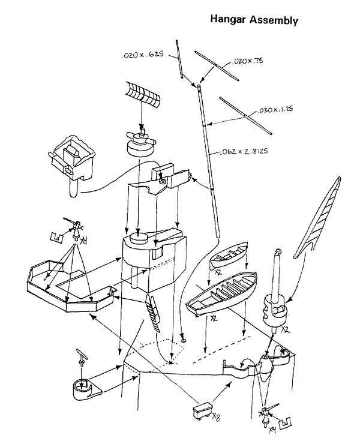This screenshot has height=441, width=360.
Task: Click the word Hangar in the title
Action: (228, 20)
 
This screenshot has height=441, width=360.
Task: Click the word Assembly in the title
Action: (274, 20)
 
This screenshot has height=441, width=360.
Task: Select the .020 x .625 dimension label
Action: (143, 55)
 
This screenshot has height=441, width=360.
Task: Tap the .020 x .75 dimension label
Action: (247, 61)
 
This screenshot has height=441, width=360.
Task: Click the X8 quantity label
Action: (216, 416)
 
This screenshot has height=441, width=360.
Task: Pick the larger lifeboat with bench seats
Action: (221, 293)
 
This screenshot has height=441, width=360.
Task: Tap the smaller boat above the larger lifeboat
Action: (229, 254)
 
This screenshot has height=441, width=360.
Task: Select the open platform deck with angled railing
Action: (70, 286)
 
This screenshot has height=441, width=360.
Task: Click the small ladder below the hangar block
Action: (153, 313)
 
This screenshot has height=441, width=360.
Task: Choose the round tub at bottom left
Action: (85, 389)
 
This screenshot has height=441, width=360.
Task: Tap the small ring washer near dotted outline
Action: (184, 341)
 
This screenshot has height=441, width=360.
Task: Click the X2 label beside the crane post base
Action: (286, 329)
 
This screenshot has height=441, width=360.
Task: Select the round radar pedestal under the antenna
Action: (140, 143)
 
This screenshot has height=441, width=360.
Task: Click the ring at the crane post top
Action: (278, 251)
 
